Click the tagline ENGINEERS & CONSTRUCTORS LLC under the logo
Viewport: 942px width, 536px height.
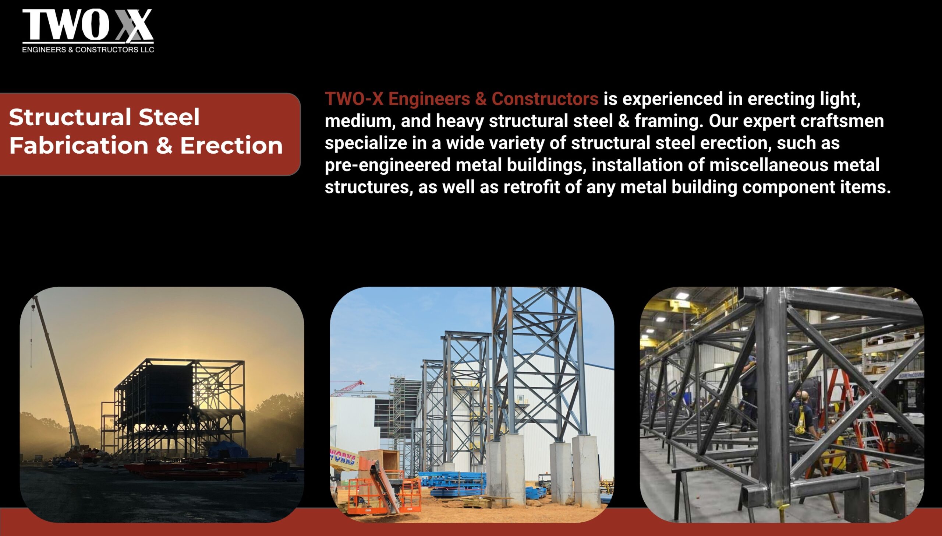coord(88,50)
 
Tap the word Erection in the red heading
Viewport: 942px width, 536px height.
coord(231,145)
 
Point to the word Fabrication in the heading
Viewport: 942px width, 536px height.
coord(79,145)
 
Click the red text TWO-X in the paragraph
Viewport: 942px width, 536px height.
coord(354,99)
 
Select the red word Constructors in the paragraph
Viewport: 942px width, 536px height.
coord(545,99)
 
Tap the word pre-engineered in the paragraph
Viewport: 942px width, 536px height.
coord(387,165)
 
